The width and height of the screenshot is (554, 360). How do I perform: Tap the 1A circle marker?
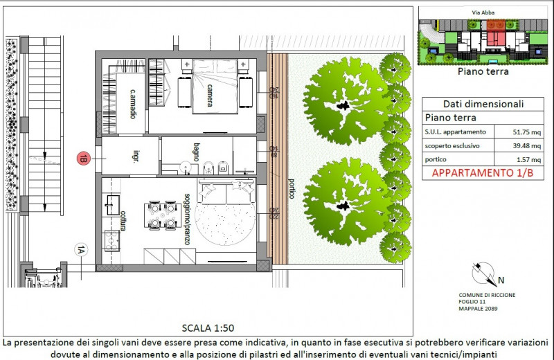pos(81,251)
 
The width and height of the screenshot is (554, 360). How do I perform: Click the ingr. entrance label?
pos(127,159)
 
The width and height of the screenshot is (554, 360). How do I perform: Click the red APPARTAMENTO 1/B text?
pos(483,174)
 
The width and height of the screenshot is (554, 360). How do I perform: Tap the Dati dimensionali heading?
pos(483,104)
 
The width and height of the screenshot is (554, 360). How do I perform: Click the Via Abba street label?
pos(483,12)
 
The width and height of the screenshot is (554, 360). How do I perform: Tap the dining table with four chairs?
pos(161,215)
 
